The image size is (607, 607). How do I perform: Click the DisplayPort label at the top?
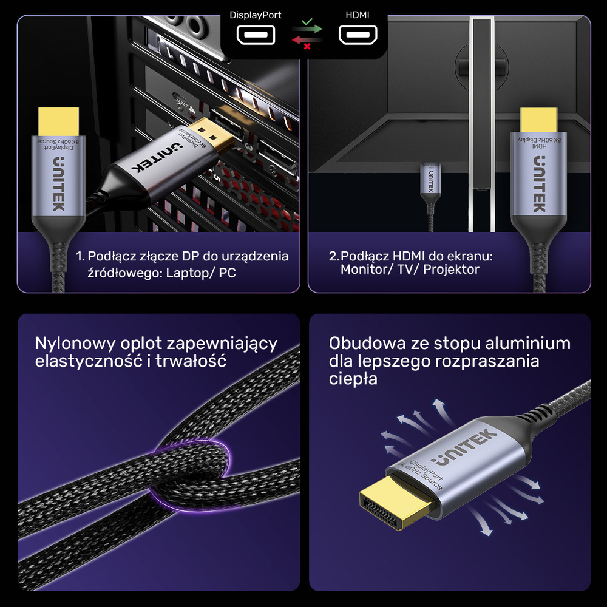pyautogui.click(x=255, y=15)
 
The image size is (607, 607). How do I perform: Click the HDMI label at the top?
pyautogui.click(x=358, y=15)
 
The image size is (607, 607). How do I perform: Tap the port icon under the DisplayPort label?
pyautogui.click(x=256, y=36)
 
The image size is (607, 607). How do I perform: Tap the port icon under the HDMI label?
pyautogui.click(x=358, y=36)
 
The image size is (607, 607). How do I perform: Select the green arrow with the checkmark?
pyautogui.click(x=307, y=27)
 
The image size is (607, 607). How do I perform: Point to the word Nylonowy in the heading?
pyautogui.click(x=75, y=344)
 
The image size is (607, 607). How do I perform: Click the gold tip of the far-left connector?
pyautogui.click(x=58, y=121)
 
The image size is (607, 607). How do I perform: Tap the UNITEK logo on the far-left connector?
pyautogui.click(x=58, y=183)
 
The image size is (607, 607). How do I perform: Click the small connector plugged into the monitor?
pyautogui.click(x=429, y=179)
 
